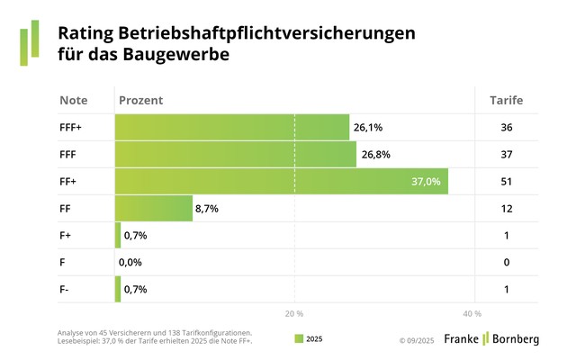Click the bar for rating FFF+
coord(231,128)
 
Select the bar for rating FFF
coord(235,155)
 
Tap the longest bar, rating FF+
coord(281,182)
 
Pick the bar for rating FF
coord(153,209)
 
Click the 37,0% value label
coord(426,182)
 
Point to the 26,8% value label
coord(375,155)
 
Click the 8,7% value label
coord(207,209)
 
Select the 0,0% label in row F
coord(133,262)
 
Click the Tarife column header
coord(506,100)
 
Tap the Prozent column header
coord(140,100)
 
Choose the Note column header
coord(73,100)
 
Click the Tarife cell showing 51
coord(506,182)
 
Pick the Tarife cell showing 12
coord(506,209)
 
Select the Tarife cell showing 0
coord(506,262)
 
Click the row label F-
coord(65,289)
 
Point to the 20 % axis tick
coord(293,314)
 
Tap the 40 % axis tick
coord(472,314)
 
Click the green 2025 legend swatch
coord(299,339)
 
